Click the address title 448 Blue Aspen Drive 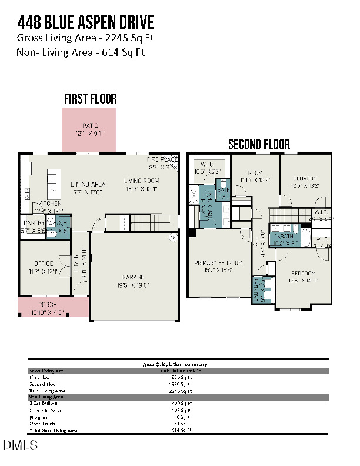85,22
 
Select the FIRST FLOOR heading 90,98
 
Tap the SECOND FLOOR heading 259,144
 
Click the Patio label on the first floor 89,129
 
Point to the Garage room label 133,281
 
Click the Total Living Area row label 47,390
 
